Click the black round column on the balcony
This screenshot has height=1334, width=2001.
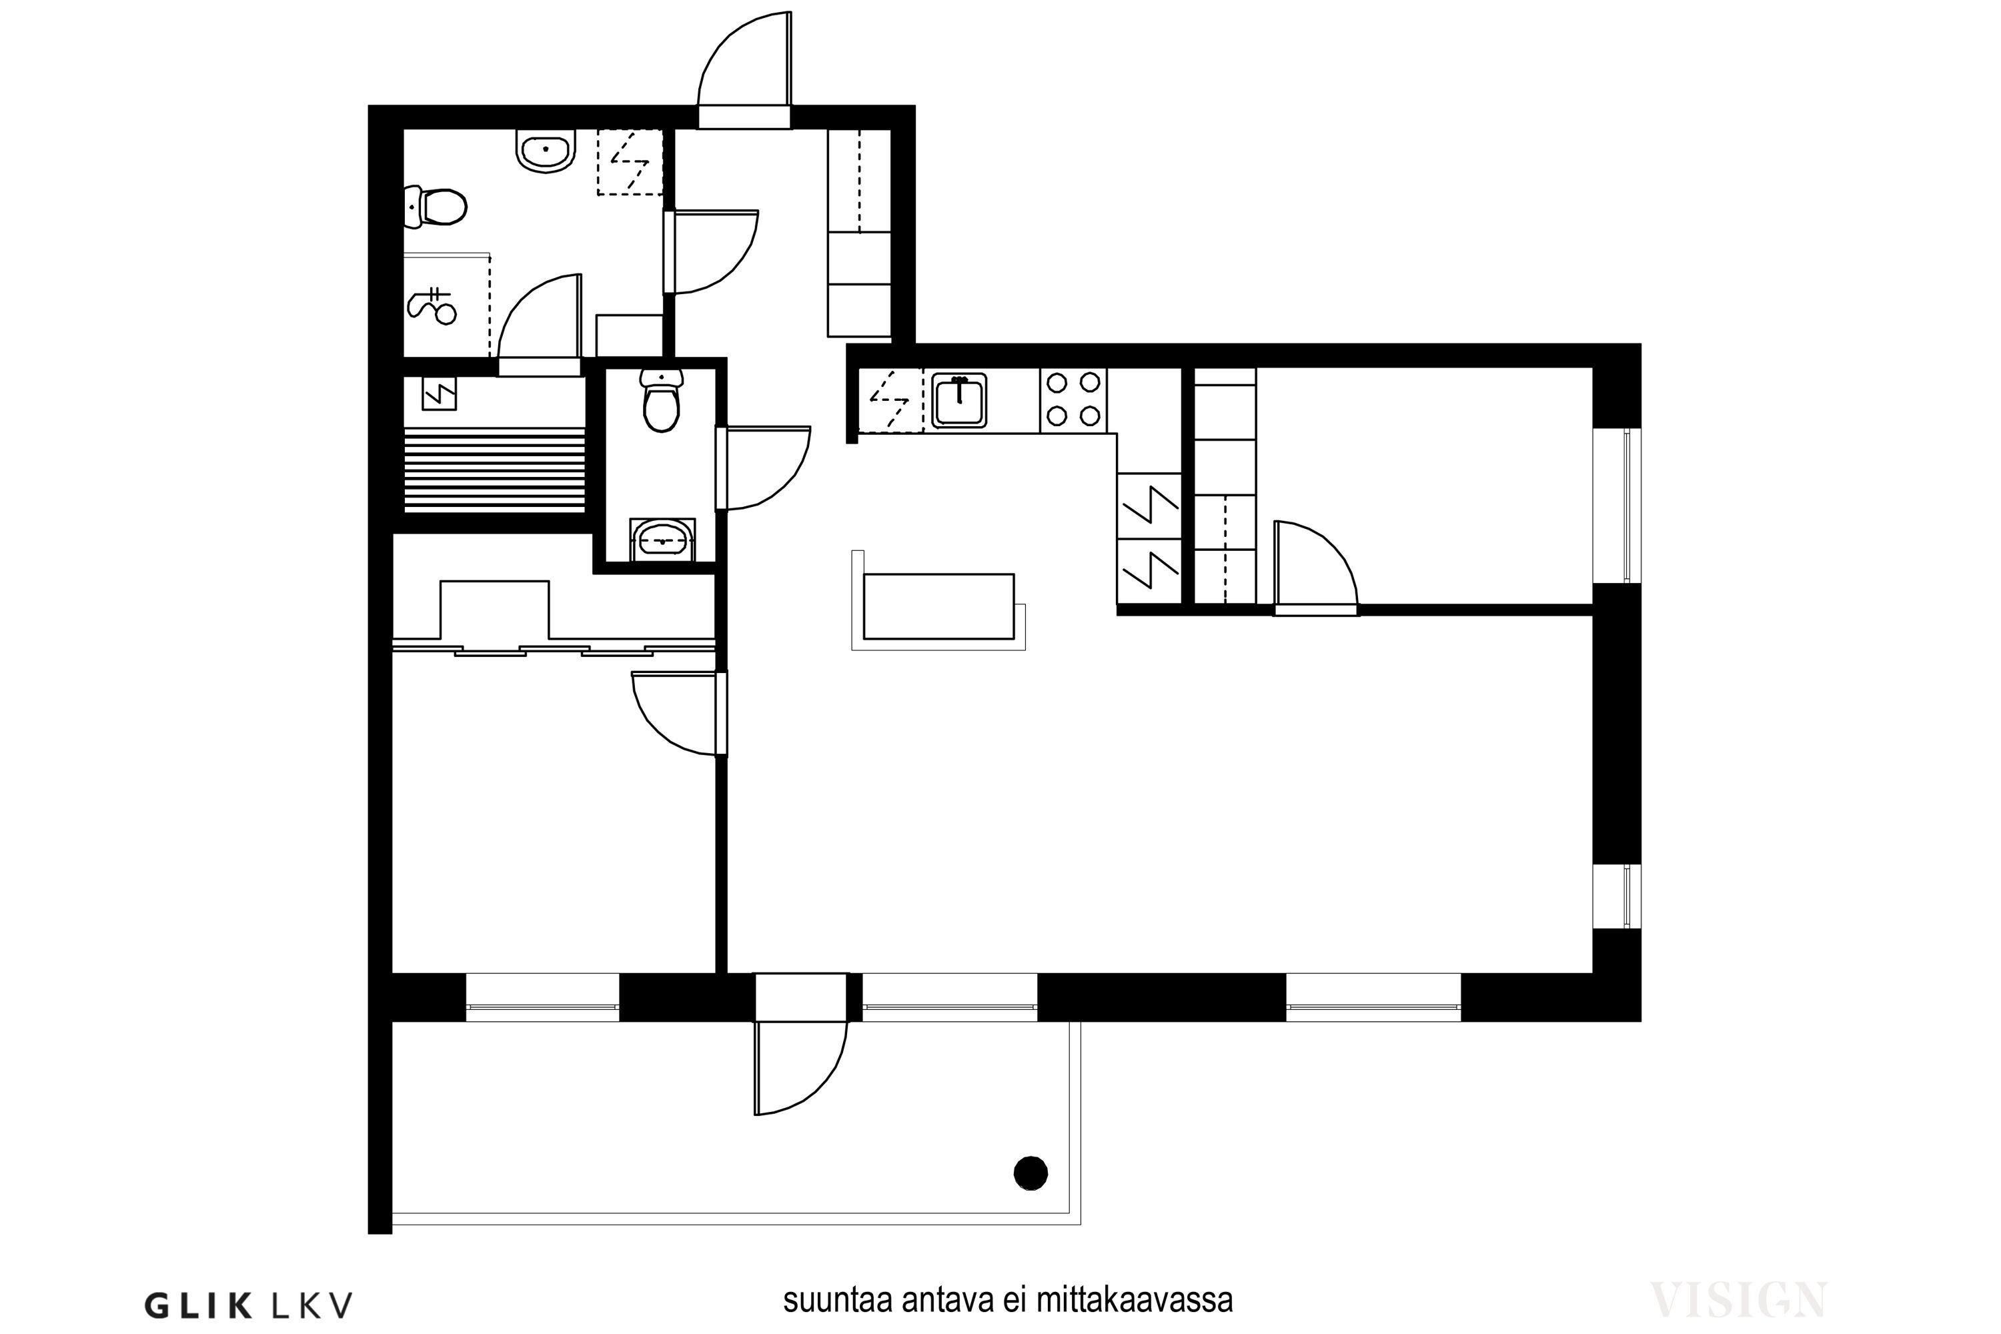coord(1031,1173)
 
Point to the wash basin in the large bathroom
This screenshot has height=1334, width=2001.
coord(546,151)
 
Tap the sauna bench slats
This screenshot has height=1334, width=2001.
coord(494,470)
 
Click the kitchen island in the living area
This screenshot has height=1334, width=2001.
coord(938,606)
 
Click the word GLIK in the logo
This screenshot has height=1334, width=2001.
coord(198,1305)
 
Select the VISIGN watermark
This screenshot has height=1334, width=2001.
coord(1738,1300)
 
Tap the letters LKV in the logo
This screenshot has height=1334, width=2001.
coord(311,1305)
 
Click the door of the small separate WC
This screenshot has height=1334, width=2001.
coord(763,468)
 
